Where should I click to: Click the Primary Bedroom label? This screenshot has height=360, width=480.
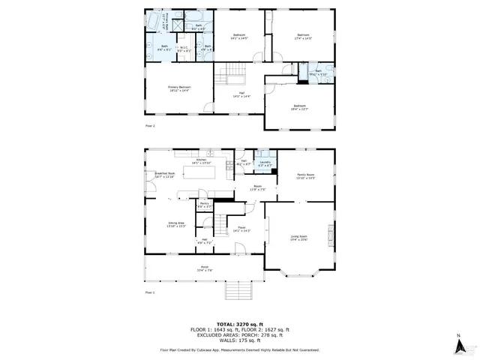[x=178, y=88]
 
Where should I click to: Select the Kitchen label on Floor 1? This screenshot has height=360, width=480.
[x=201, y=160]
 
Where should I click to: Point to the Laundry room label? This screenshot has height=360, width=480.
[x=265, y=163]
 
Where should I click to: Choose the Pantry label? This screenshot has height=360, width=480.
[x=204, y=204]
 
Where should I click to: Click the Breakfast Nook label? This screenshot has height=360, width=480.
[x=165, y=175]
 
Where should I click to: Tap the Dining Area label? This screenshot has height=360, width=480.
[x=176, y=224]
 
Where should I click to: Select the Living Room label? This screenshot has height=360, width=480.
[x=299, y=238]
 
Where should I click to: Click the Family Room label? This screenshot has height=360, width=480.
[x=305, y=176]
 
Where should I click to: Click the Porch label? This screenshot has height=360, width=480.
[x=205, y=268]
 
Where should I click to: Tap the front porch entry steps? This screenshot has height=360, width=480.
[x=238, y=289]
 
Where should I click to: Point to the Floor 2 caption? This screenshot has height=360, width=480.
[x=150, y=125]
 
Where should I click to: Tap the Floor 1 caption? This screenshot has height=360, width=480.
[x=149, y=292]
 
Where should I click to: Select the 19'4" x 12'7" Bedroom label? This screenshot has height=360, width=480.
[x=300, y=108]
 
